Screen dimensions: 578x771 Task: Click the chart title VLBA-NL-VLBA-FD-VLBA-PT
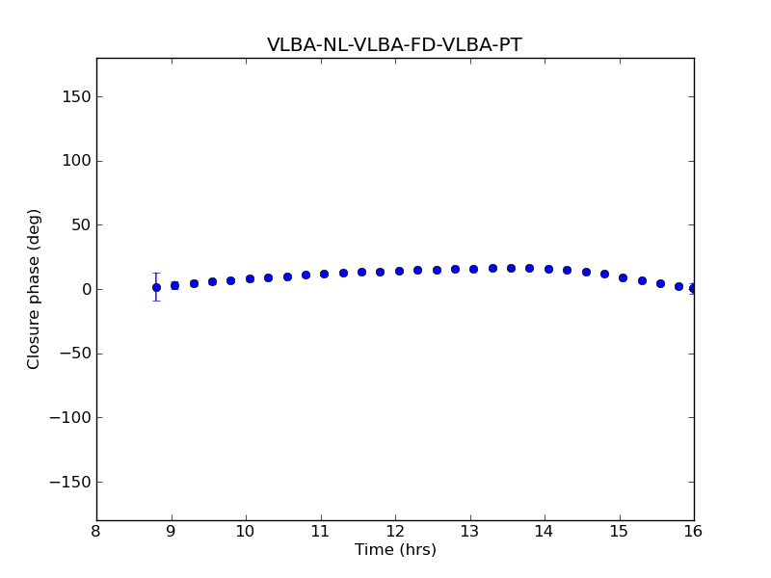(394, 45)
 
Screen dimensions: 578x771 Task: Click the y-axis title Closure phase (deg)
(35, 289)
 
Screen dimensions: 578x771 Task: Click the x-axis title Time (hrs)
(395, 550)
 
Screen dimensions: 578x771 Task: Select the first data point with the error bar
(156, 287)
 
